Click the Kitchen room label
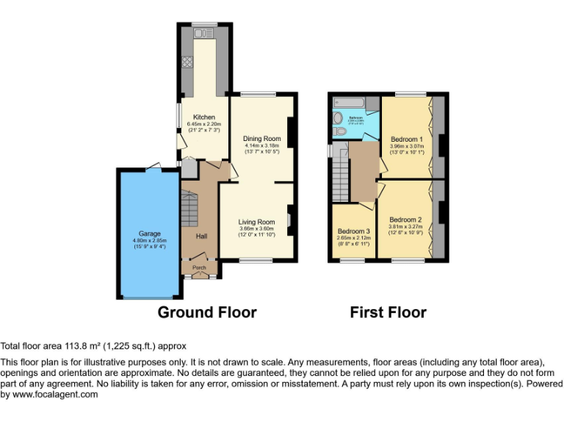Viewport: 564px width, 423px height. coord(204,117)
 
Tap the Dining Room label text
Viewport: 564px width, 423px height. coord(262,138)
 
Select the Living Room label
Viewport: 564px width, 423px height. coord(256,221)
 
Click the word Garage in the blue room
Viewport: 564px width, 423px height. coord(150,234)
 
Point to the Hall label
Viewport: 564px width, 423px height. coord(201,236)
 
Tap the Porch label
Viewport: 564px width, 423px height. coord(200,268)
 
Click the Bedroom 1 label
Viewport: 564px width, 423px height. coord(406,139)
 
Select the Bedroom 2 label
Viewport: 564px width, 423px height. coord(405,220)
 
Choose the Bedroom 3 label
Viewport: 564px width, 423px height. coord(353,231)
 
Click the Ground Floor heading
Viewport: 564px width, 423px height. coord(208,312)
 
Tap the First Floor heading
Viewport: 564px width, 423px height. coord(388,312)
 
